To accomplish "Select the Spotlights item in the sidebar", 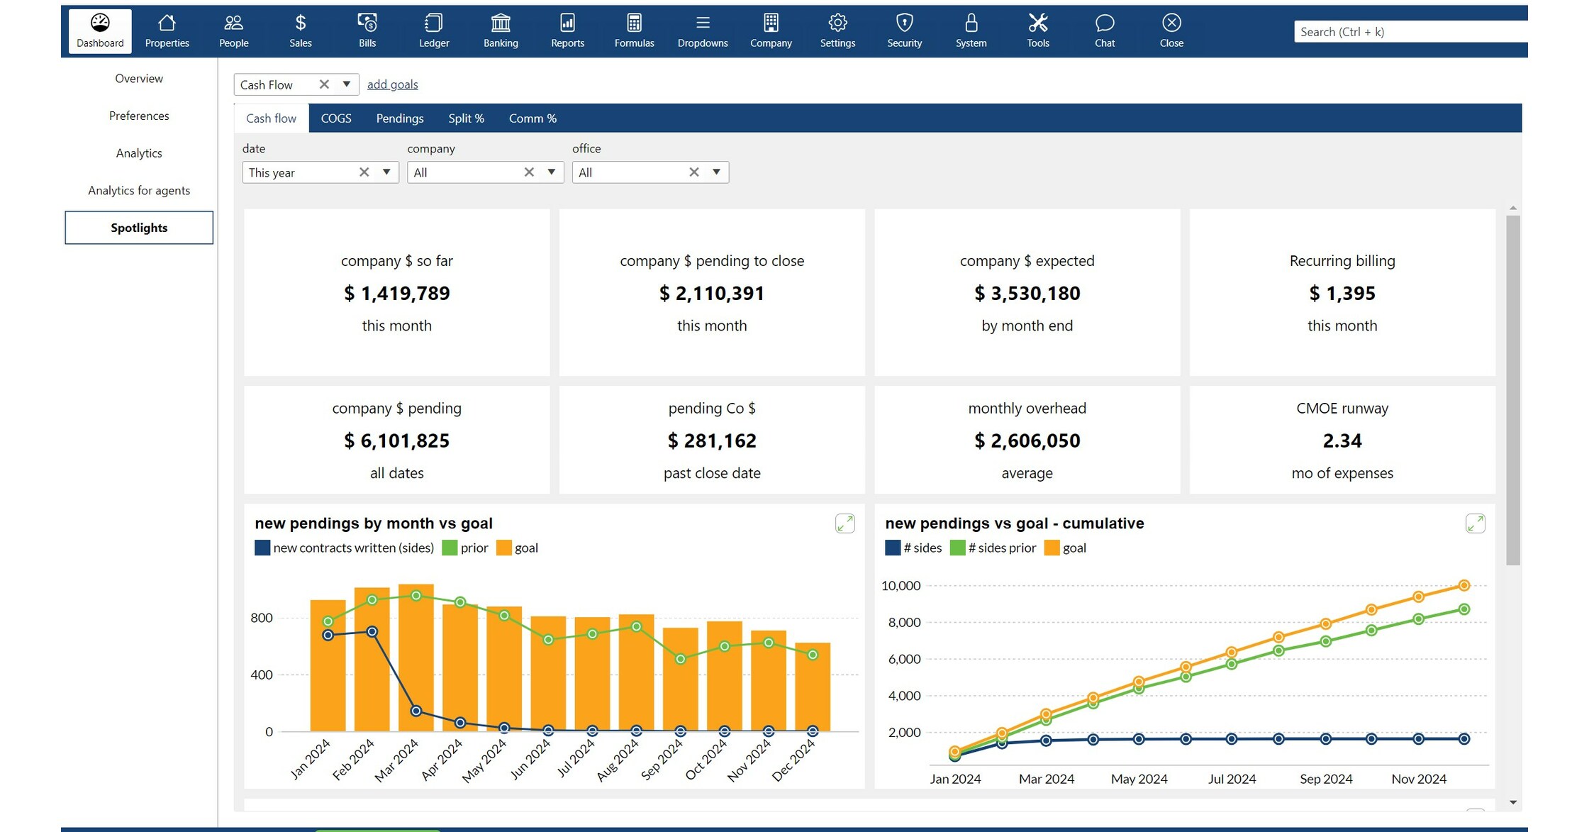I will coord(139,228).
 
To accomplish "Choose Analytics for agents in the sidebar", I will coord(139,190).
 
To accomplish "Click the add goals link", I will coord(392,84).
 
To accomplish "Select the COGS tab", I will coord(335,118).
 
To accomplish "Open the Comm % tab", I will coord(532,118).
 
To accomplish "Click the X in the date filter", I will coord(364,172).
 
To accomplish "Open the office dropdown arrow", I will coord(716,172).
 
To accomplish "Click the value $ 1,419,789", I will coord(396,293).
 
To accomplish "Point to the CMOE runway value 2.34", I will coord(1342,440).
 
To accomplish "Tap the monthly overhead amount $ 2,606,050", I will coord(1027,440).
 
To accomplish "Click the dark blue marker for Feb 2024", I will coord(372,631).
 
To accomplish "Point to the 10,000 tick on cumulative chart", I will coord(901,585).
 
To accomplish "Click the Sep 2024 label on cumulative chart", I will coord(1325,779).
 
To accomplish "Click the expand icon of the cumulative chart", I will coord(1475,523).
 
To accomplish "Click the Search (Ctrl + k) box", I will coord(1407,32).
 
